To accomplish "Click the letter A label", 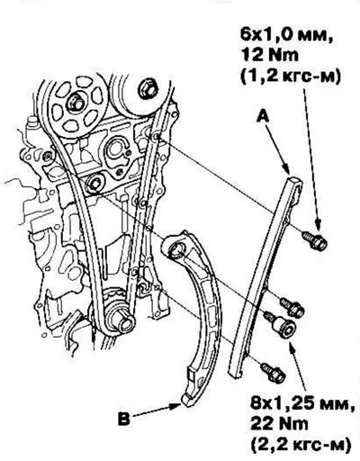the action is [x=263, y=117].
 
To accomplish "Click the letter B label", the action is [x=123, y=419].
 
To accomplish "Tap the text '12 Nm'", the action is [x=270, y=56].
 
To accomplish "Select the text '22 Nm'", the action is [x=279, y=424].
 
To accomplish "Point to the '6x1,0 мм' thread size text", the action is [x=287, y=36].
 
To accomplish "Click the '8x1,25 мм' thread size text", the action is [x=301, y=404].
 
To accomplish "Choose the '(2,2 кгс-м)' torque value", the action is [x=300, y=445].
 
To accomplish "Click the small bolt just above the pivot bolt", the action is [x=292, y=307].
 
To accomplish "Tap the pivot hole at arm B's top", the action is [x=175, y=249].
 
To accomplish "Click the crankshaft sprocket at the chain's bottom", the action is [x=120, y=315].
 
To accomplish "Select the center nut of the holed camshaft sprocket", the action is [x=76, y=103].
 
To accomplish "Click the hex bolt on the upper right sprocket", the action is [x=148, y=88].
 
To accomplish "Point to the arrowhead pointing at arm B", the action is [x=177, y=406].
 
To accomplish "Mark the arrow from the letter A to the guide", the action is [x=278, y=149].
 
